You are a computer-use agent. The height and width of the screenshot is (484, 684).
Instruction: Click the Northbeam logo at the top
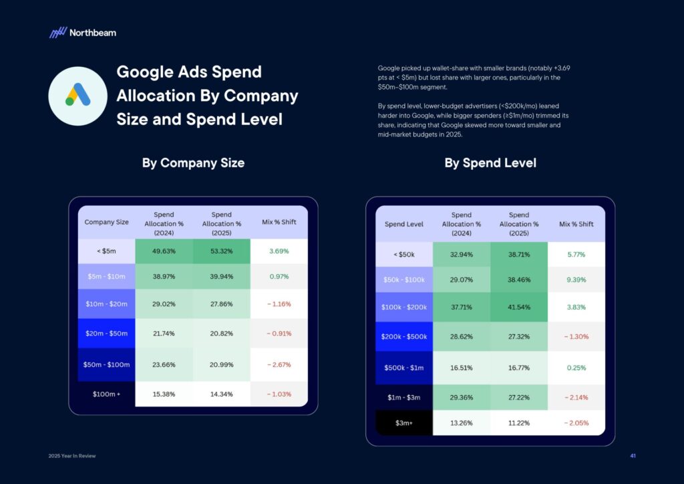(83, 32)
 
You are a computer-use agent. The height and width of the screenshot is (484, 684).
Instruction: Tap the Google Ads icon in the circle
(78, 96)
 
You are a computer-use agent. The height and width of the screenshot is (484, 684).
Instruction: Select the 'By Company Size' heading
(193, 163)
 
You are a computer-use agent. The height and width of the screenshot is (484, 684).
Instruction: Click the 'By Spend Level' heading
(490, 163)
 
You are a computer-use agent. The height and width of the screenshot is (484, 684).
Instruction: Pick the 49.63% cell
(164, 251)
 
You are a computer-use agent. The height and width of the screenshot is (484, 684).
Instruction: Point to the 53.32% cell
(221, 251)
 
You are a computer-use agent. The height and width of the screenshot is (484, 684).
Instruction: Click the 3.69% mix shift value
(279, 251)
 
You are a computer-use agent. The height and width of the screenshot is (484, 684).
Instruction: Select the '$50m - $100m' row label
(106, 366)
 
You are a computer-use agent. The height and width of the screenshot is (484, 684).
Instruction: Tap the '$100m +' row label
(106, 394)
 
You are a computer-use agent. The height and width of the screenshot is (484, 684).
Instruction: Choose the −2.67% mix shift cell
(279, 366)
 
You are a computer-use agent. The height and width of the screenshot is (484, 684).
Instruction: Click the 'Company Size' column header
(106, 223)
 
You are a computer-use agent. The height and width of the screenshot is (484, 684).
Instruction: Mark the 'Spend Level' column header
(404, 224)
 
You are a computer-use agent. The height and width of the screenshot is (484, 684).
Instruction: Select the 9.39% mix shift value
(576, 279)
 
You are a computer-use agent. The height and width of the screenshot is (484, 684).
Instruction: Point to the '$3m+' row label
(404, 422)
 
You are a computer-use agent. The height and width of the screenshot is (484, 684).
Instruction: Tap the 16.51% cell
(462, 367)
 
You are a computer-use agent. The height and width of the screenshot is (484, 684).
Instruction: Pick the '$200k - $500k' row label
(404, 337)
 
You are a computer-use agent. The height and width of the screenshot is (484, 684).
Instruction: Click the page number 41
(633, 456)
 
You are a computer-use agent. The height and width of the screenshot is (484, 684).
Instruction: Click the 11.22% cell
(518, 422)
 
